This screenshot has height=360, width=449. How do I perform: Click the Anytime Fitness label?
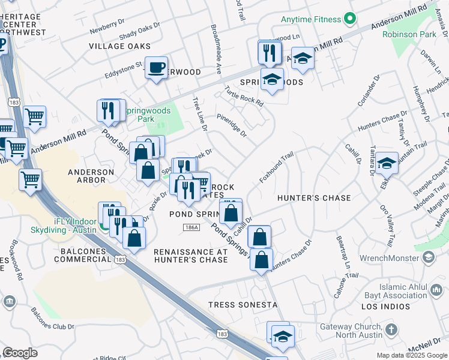311,19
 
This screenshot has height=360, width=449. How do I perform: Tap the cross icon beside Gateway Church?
391,329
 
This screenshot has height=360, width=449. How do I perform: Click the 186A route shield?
191,227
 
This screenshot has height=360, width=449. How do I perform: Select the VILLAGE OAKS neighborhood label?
119,46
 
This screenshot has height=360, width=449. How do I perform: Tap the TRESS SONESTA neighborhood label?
243,305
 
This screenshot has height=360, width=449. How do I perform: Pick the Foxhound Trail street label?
276,168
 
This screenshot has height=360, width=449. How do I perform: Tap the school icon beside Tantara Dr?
387,164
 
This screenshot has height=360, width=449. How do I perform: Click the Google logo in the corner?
20,352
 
